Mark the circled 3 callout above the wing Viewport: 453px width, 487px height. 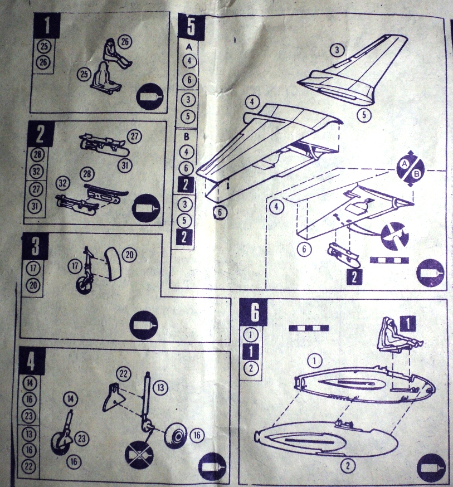pos(336,50)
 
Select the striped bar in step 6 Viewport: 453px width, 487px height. pos(306,328)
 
